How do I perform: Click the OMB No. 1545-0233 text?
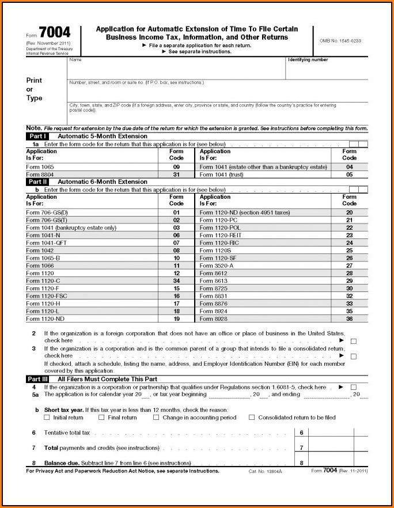pos(340,40)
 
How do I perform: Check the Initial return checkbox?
pos(47,418)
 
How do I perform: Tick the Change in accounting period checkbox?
pos(156,418)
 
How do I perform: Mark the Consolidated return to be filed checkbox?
pos(252,418)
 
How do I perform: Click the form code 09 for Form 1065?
pos(176,167)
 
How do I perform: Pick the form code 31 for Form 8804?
pos(176,175)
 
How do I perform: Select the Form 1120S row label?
pos(214,251)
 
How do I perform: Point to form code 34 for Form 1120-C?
pos(176,280)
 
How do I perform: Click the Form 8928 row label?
pos(214,319)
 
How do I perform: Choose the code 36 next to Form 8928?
pos(349,319)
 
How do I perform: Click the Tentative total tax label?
pos(67,433)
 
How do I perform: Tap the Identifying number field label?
pos(308,60)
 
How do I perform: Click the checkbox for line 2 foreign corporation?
pos(353,341)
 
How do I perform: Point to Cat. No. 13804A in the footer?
pos(262,471)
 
